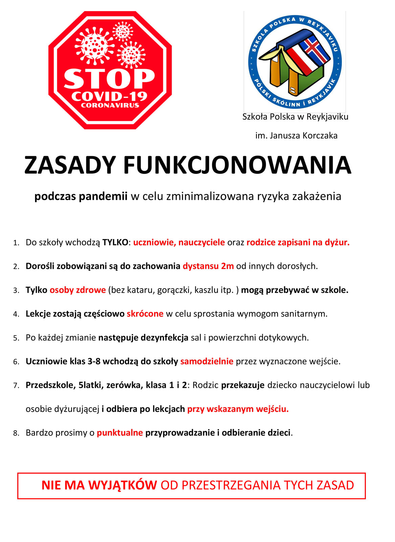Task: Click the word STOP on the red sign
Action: click(109, 79)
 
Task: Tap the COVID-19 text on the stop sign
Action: click(109, 97)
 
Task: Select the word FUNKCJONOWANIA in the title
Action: click(237, 165)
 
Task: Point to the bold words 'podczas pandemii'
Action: click(81, 196)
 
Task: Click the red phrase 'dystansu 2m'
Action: click(208, 266)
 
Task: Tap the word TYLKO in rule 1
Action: click(115, 243)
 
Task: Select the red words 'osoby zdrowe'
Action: click(78, 290)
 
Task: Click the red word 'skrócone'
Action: click(145, 314)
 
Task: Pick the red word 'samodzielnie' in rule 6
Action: click(207, 361)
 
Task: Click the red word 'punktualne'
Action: click(120, 433)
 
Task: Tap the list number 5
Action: click(16, 338)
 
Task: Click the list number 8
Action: click(16, 433)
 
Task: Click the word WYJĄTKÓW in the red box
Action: click(122, 485)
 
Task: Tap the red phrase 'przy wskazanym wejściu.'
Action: click(238, 409)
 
